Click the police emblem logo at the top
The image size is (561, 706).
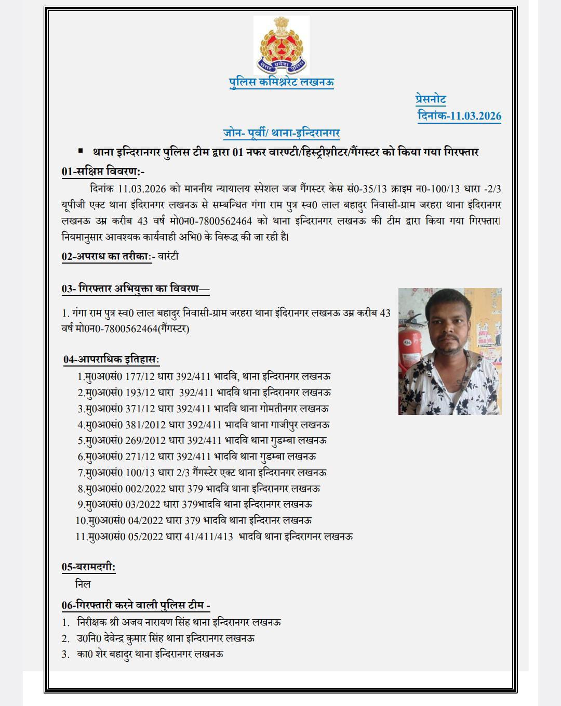point(282,46)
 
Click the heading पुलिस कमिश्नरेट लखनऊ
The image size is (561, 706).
point(282,82)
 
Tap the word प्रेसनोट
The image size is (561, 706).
point(431,99)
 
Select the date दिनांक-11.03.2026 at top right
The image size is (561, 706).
point(460,115)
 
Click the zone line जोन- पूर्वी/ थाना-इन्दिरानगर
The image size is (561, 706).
point(282,133)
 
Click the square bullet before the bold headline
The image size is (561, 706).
point(81,151)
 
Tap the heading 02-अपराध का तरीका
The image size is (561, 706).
point(106,256)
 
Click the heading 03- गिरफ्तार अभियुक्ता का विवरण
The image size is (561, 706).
point(135,289)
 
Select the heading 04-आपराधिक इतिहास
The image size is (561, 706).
point(111,359)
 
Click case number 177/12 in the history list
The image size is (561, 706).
point(140,376)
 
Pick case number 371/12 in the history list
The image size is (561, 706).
point(140,409)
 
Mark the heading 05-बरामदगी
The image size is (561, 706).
point(88,567)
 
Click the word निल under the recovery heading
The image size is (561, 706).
point(83,584)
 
